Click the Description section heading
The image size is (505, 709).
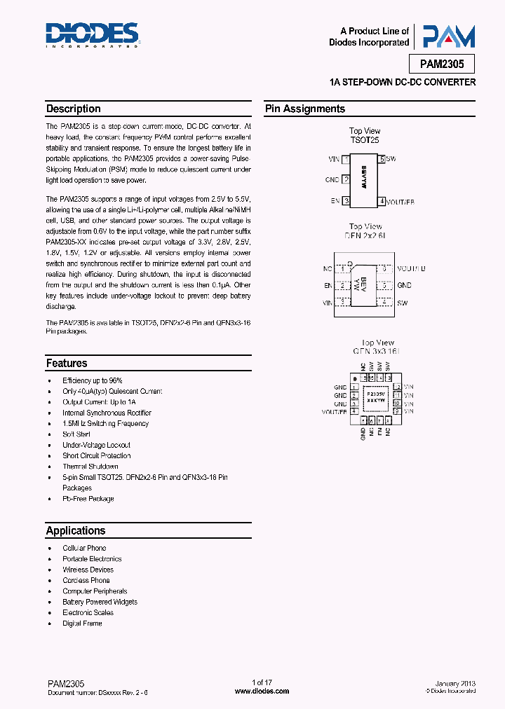click(74, 109)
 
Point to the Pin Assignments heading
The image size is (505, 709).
click(305, 109)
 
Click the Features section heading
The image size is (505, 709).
click(67, 363)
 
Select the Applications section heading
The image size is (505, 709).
click(76, 530)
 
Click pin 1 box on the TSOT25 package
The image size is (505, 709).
click(346, 160)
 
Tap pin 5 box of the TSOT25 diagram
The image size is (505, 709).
click(382, 160)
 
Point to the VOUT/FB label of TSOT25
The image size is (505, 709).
click(400, 202)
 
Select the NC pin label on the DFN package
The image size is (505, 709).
click(327, 268)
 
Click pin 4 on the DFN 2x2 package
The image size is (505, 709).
click(384, 303)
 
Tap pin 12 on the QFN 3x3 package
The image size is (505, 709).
click(397, 387)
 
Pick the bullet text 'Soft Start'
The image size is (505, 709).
click(76, 434)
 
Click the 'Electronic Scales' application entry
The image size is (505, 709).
click(88, 612)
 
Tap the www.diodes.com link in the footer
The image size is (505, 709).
click(262, 691)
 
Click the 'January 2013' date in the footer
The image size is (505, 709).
click(455, 683)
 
